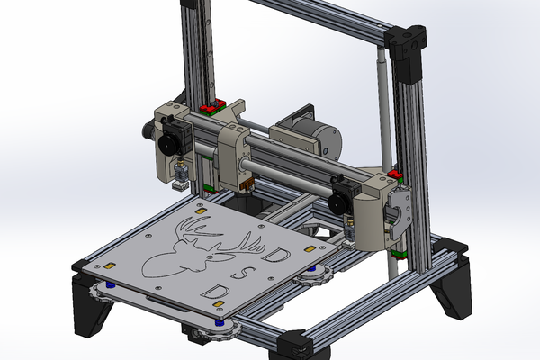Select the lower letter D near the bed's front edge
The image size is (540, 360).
tap(214, 292)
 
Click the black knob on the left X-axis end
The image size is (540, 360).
tap(167, 144)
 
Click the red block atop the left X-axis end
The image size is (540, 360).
tap(211, 109)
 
